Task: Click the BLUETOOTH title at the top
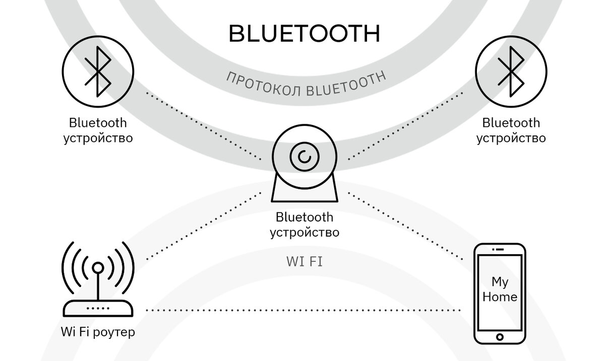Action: click(304, 33)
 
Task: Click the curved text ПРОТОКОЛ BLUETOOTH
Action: click(306, 84)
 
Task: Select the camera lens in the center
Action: click(305, 157)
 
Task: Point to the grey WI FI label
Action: click(305, 261)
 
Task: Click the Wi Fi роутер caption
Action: click(98, 332)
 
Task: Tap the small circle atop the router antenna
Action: click(98, 268)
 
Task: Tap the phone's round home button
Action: click(500, 337)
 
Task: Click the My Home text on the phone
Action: click(500, 289)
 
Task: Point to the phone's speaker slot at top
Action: click(500, 250)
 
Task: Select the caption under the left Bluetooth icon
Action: click(98, 130)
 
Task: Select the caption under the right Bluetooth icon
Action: click(511, 130)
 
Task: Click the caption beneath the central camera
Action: click(305, 225)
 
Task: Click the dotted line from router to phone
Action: click(304, 310)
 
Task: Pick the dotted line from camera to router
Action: click(204, 226)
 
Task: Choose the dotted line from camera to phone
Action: click(405, 226)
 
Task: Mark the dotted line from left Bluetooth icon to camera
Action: click(204, 126)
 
